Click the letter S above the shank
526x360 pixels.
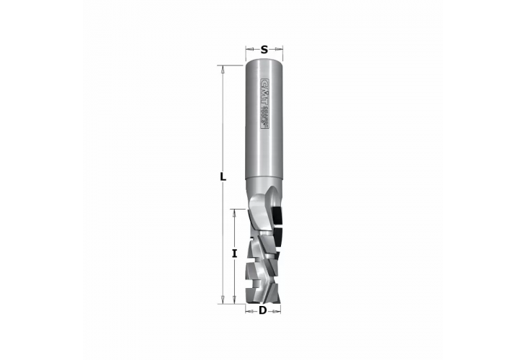[x=264, y=50]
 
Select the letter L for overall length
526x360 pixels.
[x=223, y=176]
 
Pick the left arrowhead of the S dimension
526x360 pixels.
[x=249, y=50]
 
